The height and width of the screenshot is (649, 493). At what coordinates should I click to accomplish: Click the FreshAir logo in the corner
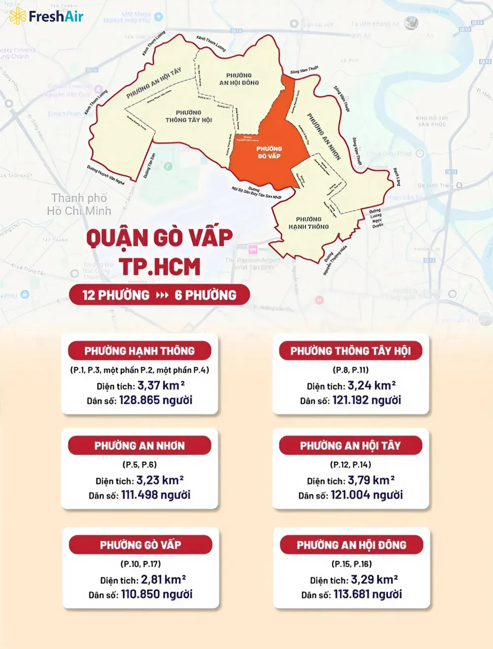[46, 16]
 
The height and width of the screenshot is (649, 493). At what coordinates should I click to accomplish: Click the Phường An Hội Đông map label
[239, 79]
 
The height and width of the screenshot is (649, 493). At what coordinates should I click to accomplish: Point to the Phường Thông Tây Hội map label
[188, 116]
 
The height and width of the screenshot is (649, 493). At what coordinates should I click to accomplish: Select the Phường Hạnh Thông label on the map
[309, 223]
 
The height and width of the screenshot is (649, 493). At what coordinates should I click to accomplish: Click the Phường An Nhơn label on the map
[324, 137]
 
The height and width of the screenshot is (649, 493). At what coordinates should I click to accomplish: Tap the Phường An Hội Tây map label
[154, 83]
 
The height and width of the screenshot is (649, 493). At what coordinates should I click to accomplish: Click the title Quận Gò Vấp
[159, 238]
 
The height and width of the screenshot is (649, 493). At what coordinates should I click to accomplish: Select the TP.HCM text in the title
[159, 267]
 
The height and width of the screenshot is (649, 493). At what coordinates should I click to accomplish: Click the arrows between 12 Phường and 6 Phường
[162, 295]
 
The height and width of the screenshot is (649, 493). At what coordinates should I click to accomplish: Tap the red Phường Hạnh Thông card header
[140, 351]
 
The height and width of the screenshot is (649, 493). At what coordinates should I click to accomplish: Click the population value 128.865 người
[156, 400]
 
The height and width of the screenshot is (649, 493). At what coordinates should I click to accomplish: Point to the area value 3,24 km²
[372, 386]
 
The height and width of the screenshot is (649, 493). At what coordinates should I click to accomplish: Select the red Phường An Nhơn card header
[140, 446]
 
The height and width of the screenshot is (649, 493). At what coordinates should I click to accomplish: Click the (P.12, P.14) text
[351, 465]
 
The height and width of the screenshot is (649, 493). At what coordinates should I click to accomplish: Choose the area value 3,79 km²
[371, 480]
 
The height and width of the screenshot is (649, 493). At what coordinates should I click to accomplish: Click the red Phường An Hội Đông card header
[352, 545]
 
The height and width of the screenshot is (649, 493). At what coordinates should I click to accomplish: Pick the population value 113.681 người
[368, 594]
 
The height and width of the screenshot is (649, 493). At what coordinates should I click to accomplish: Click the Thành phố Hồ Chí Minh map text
[79, 204]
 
